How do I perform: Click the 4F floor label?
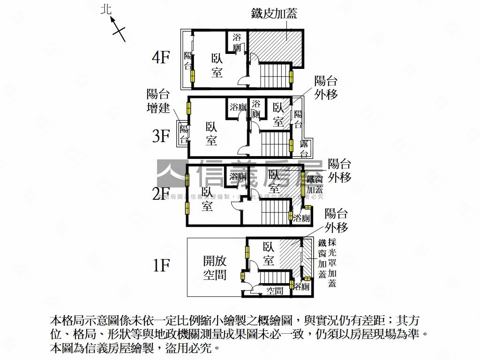click(x=160, y=58)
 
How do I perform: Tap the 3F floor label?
click(x=161, y=136)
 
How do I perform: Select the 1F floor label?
click(x=161, y=266)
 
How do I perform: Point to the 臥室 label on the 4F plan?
click(x=217, y=66)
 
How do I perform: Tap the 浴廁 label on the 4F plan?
click(x=238, y=42)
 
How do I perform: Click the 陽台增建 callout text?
click(x=158, y=101)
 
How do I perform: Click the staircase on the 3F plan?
click(x=275, y=144)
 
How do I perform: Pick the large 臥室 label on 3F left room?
click(x=211, y=133)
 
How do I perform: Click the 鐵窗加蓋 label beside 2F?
click(x=315, y=185)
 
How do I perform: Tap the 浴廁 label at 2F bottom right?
click(x=302, y=218)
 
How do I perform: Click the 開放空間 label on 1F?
click(x=215, y=267)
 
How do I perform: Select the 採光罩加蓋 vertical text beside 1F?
click(x=332, y=262)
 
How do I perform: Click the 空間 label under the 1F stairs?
click(x=275, y=291)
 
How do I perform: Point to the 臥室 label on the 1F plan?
click(x=269, y=254)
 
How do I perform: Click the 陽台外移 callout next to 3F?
click(x=326, y=87)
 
